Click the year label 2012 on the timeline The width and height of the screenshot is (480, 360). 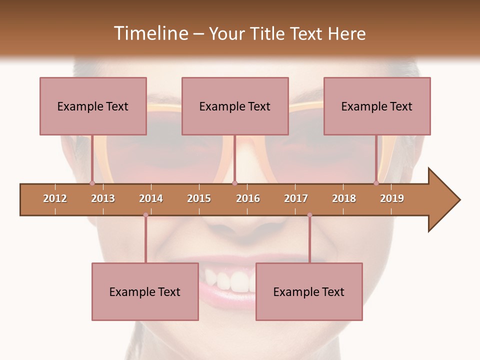(x=55, y=198)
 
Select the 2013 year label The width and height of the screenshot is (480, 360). (x=103, y=198)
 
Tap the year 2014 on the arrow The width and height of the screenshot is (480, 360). (x=151, y=198)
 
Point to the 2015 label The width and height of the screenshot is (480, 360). (x=199, y=198)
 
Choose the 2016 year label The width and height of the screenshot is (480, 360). (x=248, y=198)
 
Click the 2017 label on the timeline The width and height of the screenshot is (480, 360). (x=296, y=198)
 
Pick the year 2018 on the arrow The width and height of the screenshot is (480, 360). (x=344, y=198)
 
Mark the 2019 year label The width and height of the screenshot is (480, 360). (x=392, y=198)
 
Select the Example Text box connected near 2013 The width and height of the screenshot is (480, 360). (x=93, y=106)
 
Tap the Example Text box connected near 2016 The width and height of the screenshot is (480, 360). (x=235, y=106)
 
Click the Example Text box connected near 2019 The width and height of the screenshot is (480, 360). (x=377, y=106)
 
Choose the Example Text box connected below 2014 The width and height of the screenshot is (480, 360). (x=145, y=291)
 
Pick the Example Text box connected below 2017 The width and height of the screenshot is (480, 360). (x=309, y=291)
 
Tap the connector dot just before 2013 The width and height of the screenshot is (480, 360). (x=92, y=183)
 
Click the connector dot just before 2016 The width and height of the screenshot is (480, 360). (x=235, y=183)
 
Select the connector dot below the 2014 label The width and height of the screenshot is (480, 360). (x=145, y=215)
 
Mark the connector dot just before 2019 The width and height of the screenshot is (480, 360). (x=376, y=183)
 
